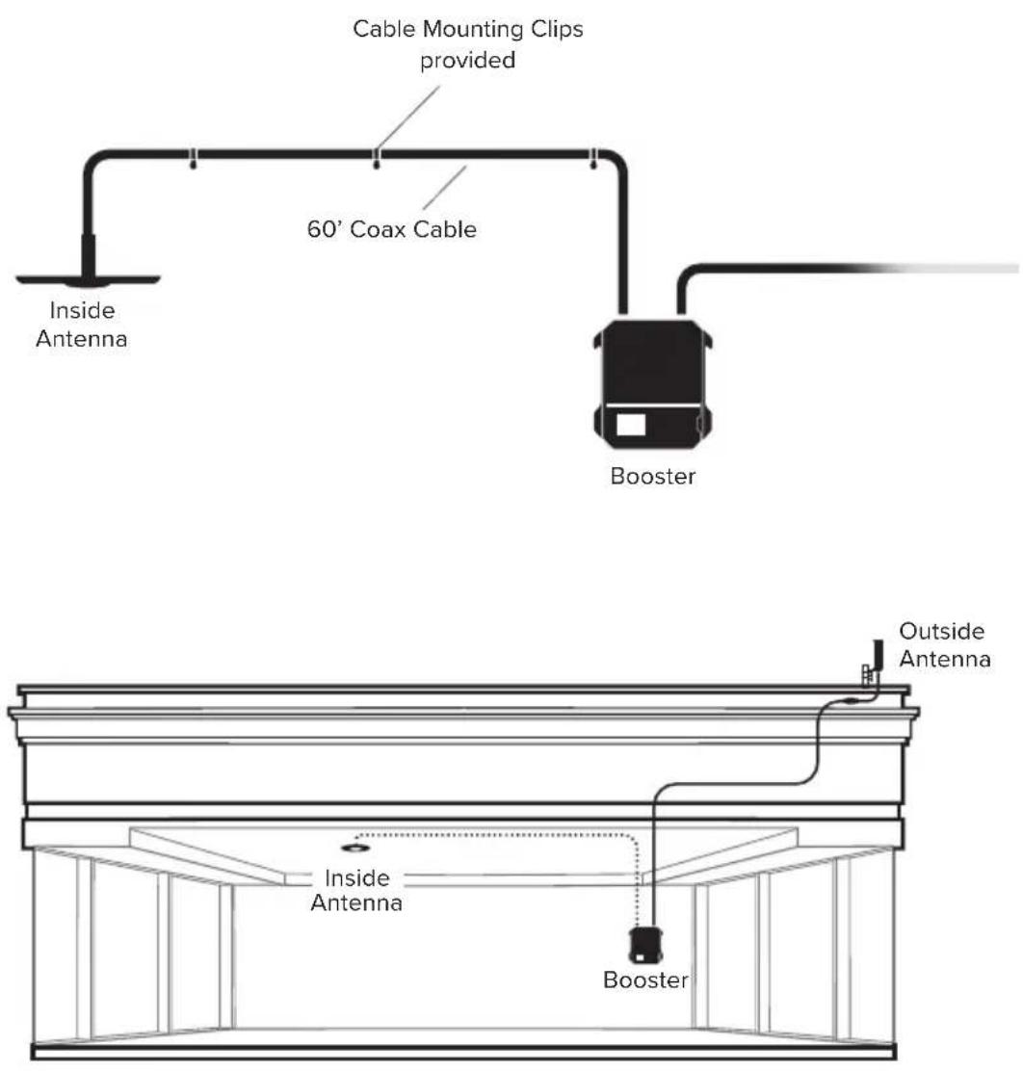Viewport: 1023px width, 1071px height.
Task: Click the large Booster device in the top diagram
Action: pyautogui.click(x=652, y=384)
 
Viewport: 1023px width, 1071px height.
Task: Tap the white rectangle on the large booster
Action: pyautogui.click(x=631, y=424)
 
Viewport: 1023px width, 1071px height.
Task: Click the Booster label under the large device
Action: pyautogui.click(x=652, y=476)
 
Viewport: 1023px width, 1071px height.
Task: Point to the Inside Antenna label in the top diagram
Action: pyautogui.click(x=81, y=325)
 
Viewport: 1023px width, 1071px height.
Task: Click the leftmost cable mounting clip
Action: pyautogui.click(x=193, y=159)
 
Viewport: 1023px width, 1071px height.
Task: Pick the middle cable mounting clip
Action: pyautogui.click(x=376, y=159)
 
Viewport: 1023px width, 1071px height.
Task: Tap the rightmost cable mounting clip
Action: pyautogui.click(x=593, y=159)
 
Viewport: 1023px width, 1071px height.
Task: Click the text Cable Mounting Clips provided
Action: pyautogui.click(x=468, y=44)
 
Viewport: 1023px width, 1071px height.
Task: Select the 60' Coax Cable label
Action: pyautogui.click(x=391, y=229)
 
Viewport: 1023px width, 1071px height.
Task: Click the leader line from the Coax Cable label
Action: pyautogui.click(x=445, y=188)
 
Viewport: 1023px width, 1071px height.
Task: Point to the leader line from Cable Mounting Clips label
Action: pyautogui.click(x=408, y=117)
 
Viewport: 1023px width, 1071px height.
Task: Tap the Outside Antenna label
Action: pyautogui.click(x=944, y=644)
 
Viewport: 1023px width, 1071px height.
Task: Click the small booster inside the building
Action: pyautogui.click(x=645, y=946)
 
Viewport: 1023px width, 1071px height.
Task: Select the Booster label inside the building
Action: pyautogui.click(x=645, y=980)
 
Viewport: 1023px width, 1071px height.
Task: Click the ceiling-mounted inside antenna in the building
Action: pyautogui.click(x=355, y=849)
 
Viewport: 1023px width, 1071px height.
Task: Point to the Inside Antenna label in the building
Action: pyautogui.click(x=356, y=890)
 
